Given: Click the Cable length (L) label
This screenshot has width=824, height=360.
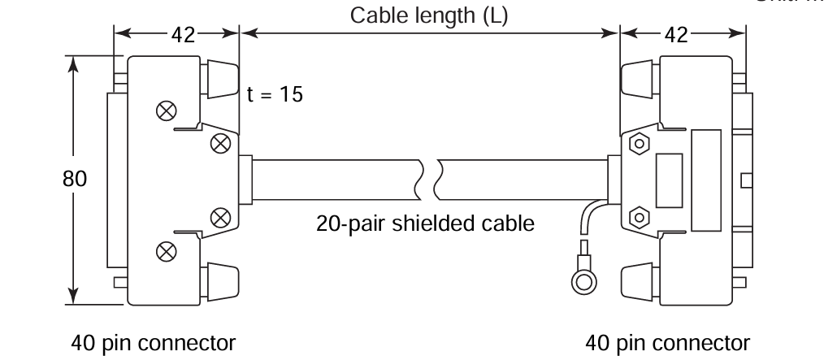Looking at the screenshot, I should click(x=429, y=15).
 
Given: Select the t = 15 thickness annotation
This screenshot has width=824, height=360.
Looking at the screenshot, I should click(x=275, y=94).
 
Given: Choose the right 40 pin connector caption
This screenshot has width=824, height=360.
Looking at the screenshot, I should click(x=668, y=340).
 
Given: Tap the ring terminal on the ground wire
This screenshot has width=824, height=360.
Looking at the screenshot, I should click(x=583, y=281).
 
